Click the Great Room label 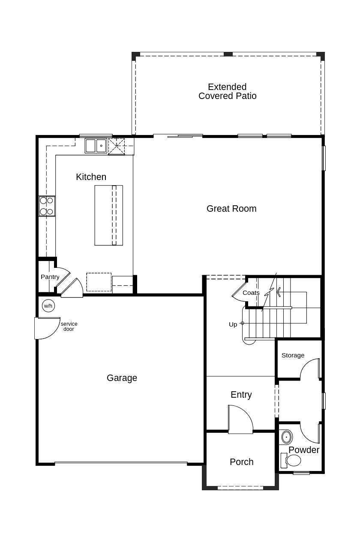pos(231,209)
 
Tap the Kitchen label pos(91,177)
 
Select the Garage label pos(122,378)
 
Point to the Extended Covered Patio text pos(227,91)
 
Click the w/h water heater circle pos(48,306)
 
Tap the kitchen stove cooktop pos(47,206)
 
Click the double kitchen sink pos(96,146)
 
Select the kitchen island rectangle pos(109,215)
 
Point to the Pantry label pos(50,277)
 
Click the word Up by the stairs pos(233,324)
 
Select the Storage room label pos(293,355)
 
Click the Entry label pos(241,395)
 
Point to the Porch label pos(242,462)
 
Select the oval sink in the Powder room pos(287,437)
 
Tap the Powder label pos(304,450)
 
